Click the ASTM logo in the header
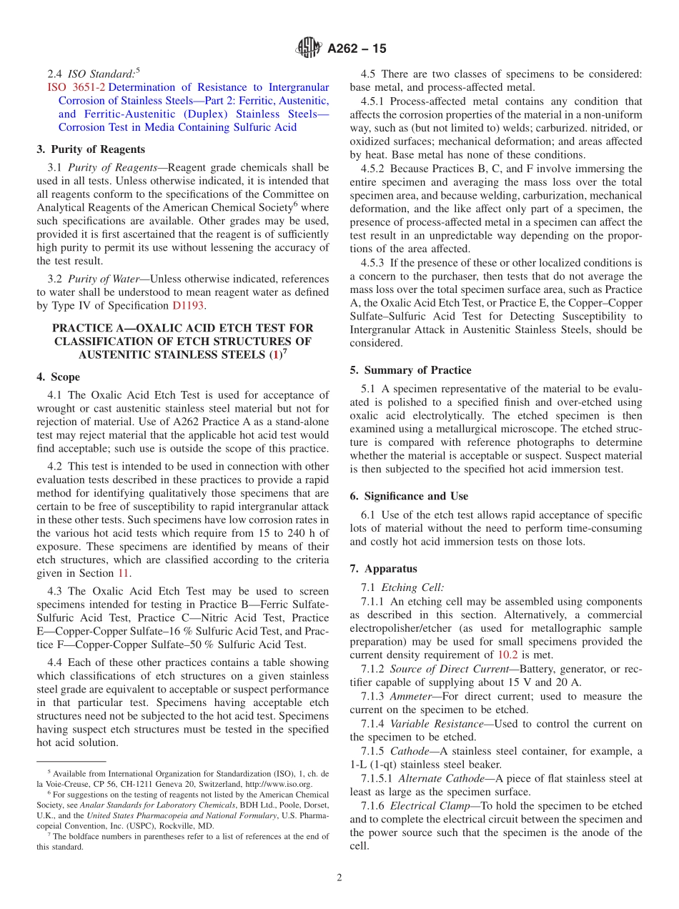point(309,48)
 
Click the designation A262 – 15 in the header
point(357,49)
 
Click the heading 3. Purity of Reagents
point(91,149)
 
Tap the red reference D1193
point(188,305)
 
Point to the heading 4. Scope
point(59,377)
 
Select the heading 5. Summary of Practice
point(410,370)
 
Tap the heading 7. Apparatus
point(383,569)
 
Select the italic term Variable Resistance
point(436,723)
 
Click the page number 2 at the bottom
point(339,878)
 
